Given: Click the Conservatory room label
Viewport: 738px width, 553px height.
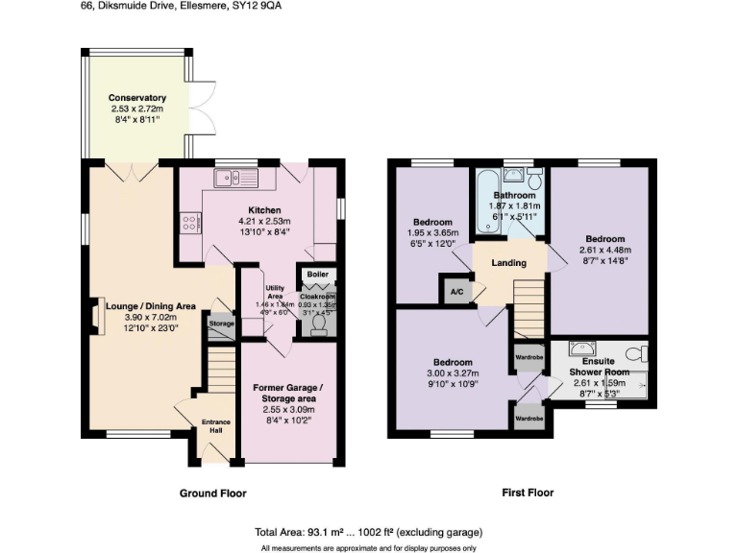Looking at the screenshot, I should click(136, 98).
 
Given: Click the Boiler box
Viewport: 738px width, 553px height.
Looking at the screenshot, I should click(316, 274).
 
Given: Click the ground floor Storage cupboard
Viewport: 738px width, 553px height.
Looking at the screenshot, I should click(220, 324).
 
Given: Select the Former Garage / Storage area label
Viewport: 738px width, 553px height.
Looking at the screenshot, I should click(288, 393).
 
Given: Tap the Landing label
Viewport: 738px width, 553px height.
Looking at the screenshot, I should click(508, 263).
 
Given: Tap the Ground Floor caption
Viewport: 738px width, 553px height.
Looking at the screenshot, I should click(212, 493).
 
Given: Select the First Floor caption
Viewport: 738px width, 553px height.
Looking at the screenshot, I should click(528, 493).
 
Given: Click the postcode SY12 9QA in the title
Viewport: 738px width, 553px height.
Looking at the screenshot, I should click(259, 6).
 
